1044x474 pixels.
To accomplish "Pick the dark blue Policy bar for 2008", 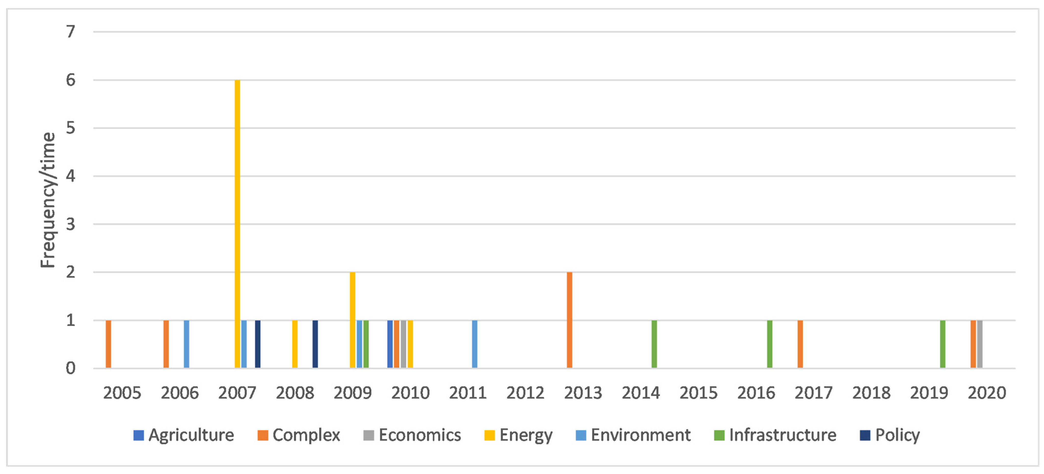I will click(315, 344).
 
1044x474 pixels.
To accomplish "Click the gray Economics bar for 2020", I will click(980, 344).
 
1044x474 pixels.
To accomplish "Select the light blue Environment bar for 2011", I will click(475, 344).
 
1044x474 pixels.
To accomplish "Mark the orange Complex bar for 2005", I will click(108, 344).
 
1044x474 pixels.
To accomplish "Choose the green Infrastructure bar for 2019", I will click(943, 344).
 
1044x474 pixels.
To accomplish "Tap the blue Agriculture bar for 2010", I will click(390, 344).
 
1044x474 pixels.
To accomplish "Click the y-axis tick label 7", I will click(71, 32).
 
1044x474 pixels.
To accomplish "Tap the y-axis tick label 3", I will click(71, 224).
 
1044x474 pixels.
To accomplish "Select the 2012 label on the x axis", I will click(525, 393).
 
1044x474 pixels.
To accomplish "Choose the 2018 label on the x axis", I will click(871, 393).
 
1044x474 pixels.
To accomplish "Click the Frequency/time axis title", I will click(48, 200).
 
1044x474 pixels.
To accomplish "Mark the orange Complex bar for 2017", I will click(800, 344).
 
